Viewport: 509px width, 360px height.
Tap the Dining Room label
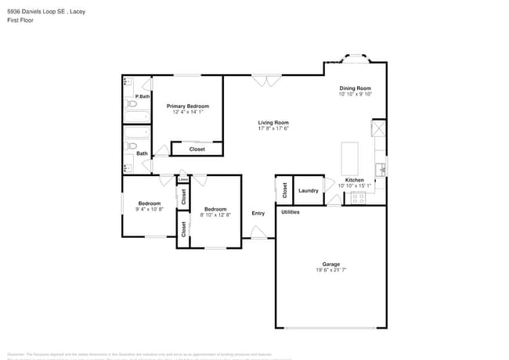pos(355,88)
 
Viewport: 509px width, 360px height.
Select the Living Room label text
pos(273,122)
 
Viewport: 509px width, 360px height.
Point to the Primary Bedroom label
pos(187,106)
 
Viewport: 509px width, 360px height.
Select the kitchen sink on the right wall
pos(380,167)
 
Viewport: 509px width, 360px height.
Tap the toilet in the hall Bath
pos(132,146)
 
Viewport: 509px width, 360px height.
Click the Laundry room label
pos(309,190)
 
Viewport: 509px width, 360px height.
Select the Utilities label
pos(290,212)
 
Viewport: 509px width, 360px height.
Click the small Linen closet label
pos(182,179)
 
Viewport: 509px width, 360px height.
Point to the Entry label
pos(258,213)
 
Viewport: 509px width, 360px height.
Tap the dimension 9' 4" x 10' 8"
pos(149,210)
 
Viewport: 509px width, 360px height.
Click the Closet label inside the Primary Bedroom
pos(197,149)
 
